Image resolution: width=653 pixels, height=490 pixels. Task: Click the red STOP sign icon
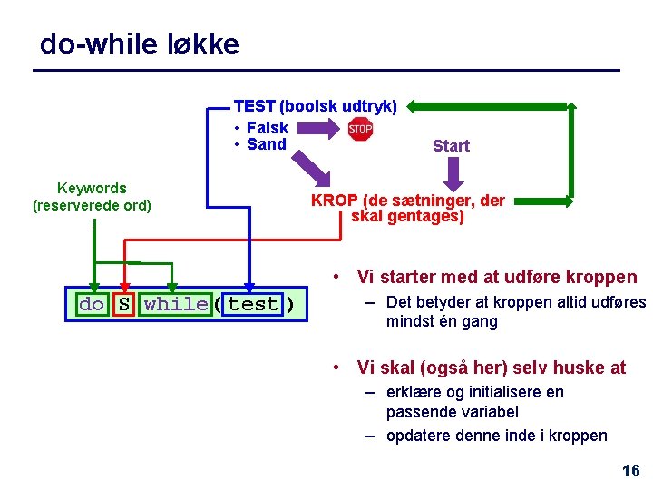click(x=361, y=130)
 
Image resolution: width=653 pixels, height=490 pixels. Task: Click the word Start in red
click(x=451, y=146)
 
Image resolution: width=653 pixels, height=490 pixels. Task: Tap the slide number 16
click(x=630, y=470)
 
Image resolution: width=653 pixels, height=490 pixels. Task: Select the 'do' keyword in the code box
click(x=92, y=304)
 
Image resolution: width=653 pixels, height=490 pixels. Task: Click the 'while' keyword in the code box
click(x=175, y=304)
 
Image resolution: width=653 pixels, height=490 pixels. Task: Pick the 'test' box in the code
click(x=253, y=304)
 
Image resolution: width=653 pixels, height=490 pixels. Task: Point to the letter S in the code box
click(x=123, y=304)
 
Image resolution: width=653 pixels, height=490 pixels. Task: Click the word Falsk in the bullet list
click(x=268, y=128)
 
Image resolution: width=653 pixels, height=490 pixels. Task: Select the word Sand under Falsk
click(x=267, y=144)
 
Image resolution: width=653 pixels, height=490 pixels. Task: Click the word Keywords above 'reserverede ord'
click(x=92, y=188)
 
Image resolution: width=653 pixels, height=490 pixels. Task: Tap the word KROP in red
click(x=334, y=201)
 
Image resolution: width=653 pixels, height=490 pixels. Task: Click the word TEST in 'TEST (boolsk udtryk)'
click(x=255, y=106)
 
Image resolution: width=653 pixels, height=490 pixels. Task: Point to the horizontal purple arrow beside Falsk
click(x=317, y=130)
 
